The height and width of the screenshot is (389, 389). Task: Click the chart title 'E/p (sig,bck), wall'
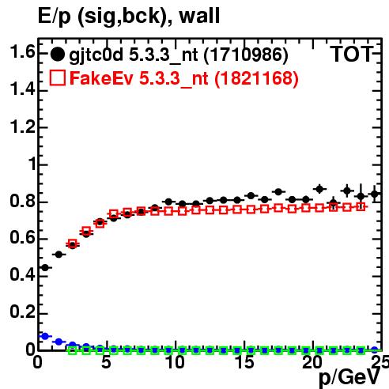pos(129,17)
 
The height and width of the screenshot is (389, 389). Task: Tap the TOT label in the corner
pos(351,55)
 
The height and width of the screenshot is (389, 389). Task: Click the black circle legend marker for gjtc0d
pos(57,55)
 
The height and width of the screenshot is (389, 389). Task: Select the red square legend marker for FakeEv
pos(58,77)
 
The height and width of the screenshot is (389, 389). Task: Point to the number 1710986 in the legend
pos(246,55)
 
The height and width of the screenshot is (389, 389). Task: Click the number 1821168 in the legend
pos(256,78)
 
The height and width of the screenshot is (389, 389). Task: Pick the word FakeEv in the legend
pos(101,78)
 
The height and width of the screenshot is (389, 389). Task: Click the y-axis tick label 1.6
pos(22,51)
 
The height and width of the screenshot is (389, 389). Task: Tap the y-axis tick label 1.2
pos(22,127)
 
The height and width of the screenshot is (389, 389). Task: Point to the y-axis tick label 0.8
pos(22,201)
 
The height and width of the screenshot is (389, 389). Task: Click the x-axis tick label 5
pos(106,362)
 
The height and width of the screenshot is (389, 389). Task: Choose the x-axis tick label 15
pos(244,362)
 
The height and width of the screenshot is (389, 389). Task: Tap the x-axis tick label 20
pos(313,362)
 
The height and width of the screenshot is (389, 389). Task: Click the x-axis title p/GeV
pos(349,378)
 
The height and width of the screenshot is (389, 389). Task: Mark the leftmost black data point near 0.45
pos(45,268)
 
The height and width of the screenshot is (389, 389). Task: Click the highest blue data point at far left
pos(45,336)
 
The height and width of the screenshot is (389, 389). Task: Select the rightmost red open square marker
pos(361,207)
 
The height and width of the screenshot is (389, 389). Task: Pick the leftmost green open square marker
pos(73,350)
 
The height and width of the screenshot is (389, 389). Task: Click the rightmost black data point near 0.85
pos(375,194)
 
